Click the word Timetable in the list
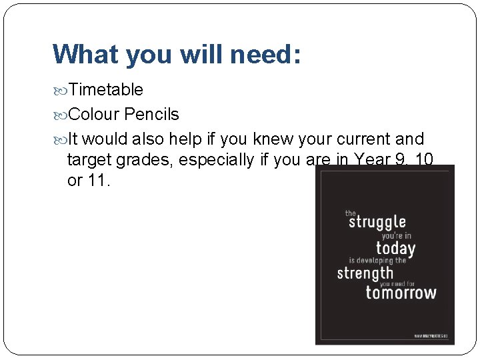(105, 89)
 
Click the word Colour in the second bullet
(94, 114)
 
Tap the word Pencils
(151, 114)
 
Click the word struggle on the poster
(377, 222)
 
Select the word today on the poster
(395, 249)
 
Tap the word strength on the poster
(365, 273)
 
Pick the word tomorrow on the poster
(401, 292)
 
